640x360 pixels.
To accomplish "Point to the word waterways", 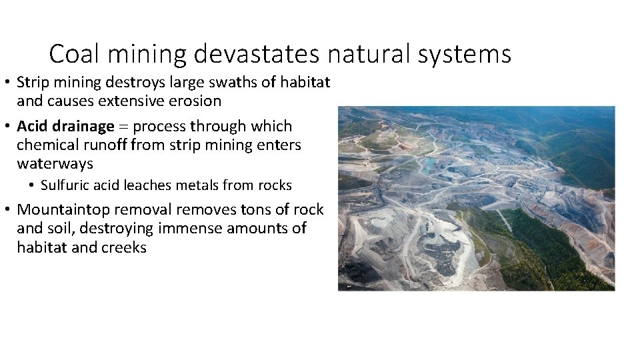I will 55,164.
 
